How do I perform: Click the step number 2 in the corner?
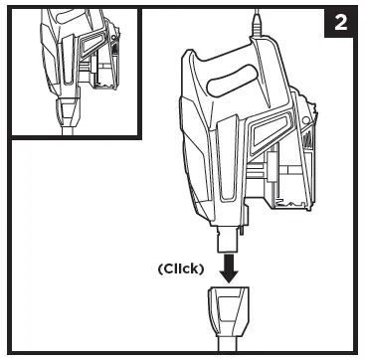tap(340, 23)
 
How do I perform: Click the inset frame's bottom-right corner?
tap(140, 138)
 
